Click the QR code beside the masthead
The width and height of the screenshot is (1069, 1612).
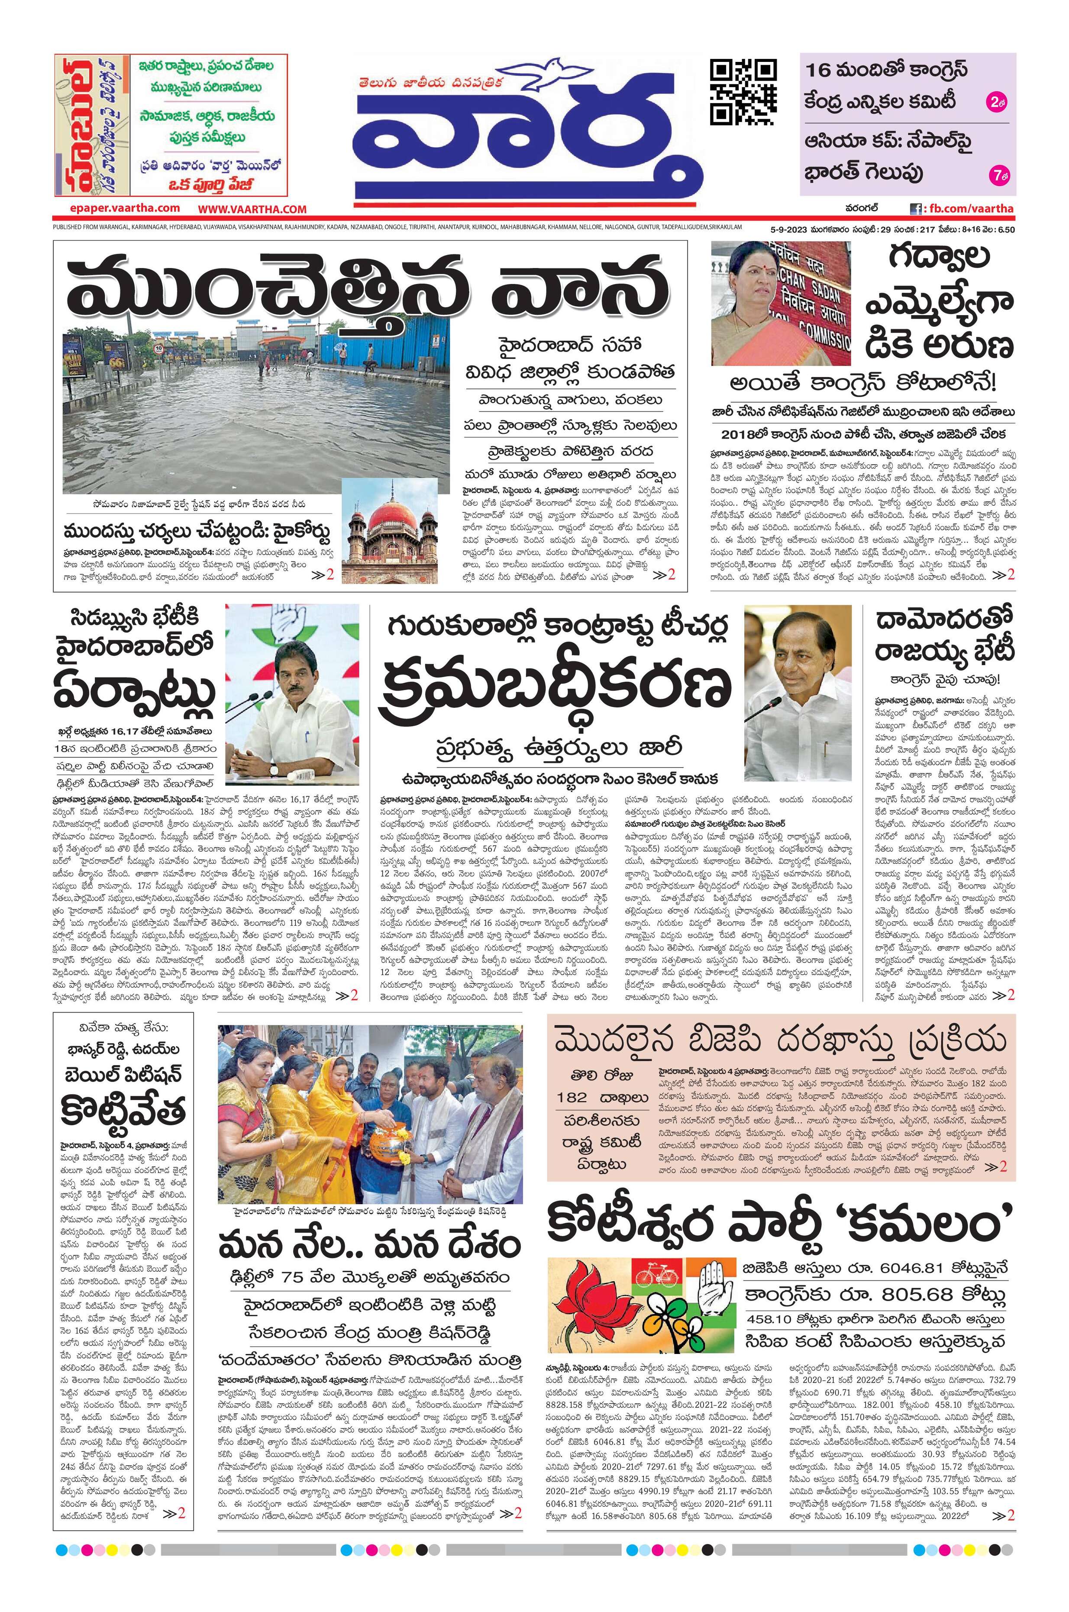pos(743,90)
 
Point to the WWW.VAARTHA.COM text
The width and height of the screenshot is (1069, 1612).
pos(253,209)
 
